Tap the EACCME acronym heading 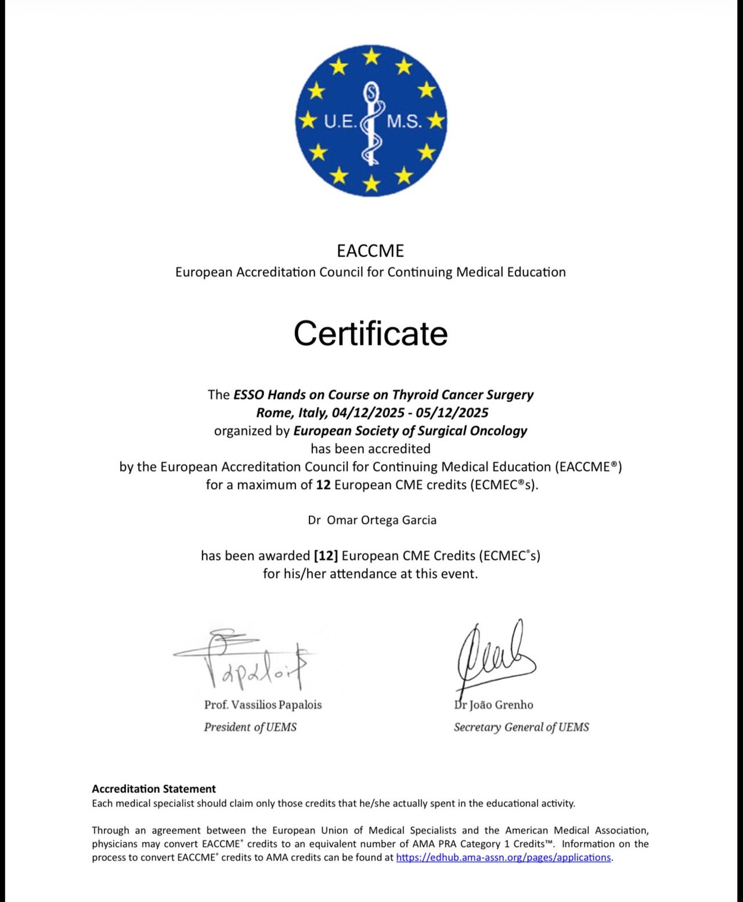(370, 251)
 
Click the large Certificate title (370, 334)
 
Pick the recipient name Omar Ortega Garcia (381, 520)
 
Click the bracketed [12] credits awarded (326, 556)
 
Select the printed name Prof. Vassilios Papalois (263, 705)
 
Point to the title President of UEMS (250, 727)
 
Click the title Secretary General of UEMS (521, 727)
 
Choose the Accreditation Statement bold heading (154, 789)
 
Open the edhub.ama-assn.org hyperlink (503, 857)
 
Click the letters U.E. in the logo (340, 121)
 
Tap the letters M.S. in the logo (404, 121)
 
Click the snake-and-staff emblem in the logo (371, 122)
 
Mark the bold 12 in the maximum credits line (323, 485)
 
